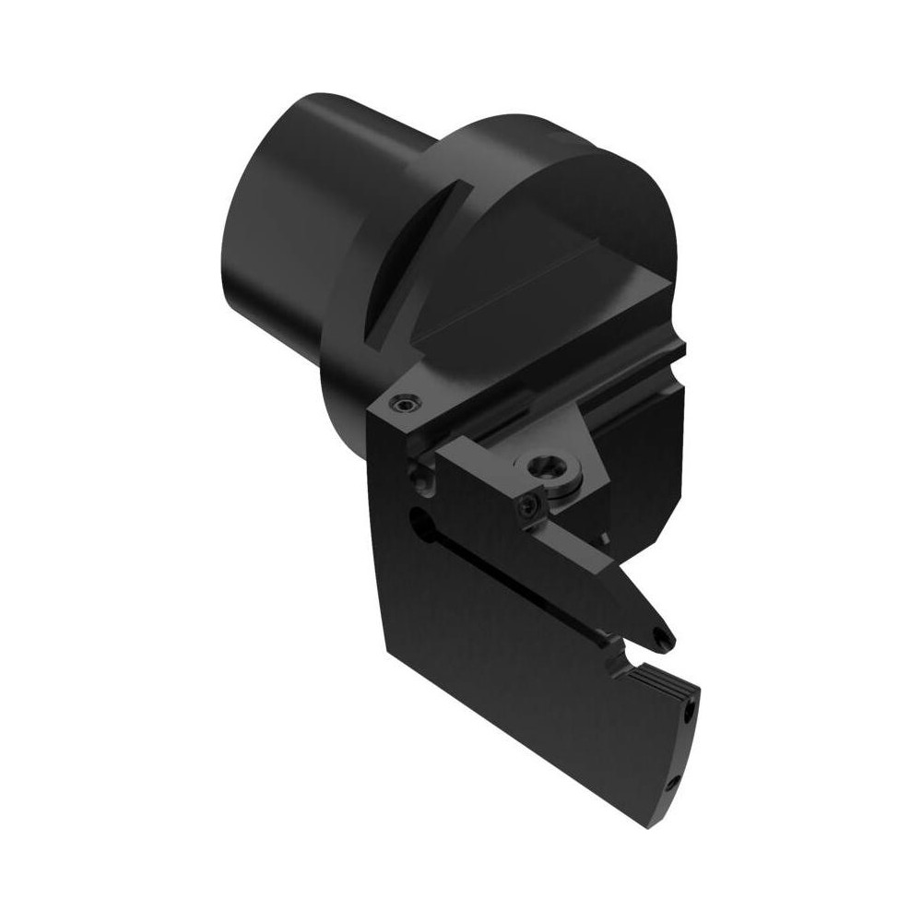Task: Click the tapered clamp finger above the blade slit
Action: (599, 581)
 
